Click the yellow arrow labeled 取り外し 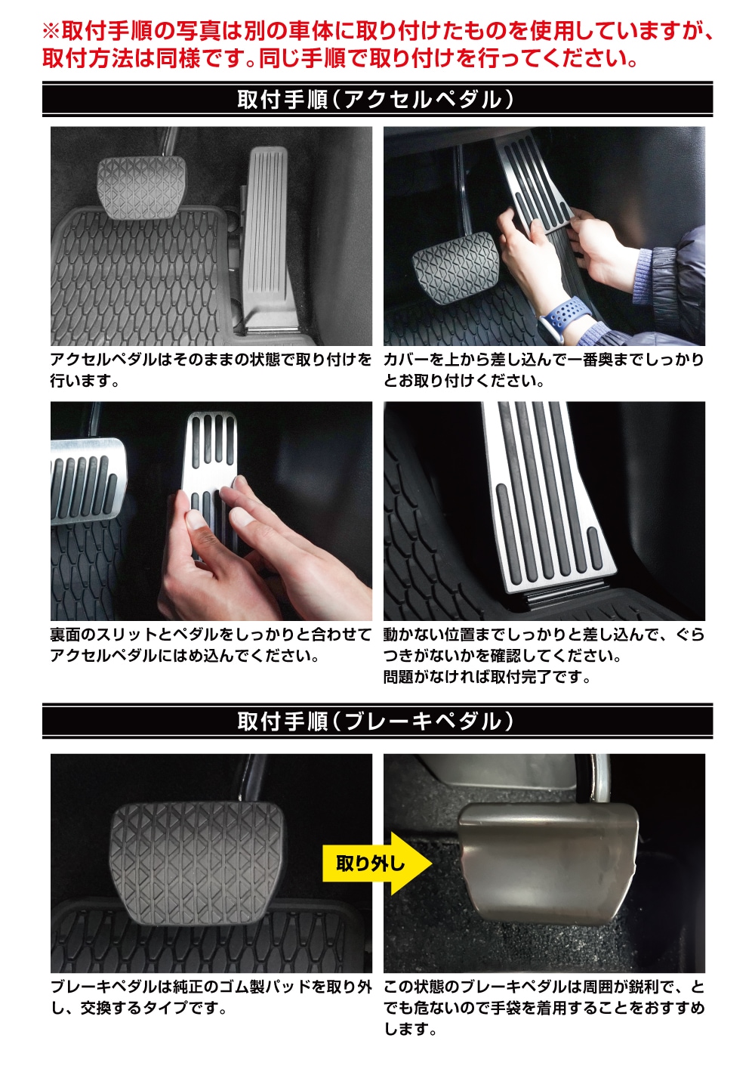[x=377, y=864]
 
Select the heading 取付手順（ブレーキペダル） [x=377, y=721]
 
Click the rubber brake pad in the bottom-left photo [x=197, y=864]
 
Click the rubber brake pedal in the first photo [x=142, y=188]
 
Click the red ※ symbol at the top [x=51, y=32]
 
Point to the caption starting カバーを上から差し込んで [x=544, y=370]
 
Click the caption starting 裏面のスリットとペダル [x=211, y=645]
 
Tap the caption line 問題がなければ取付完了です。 [x=487, y=677]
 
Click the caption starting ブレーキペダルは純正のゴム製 [x=211, y=997]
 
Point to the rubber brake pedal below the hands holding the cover [x=455, y=267]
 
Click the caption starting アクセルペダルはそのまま [x=211, y=370]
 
